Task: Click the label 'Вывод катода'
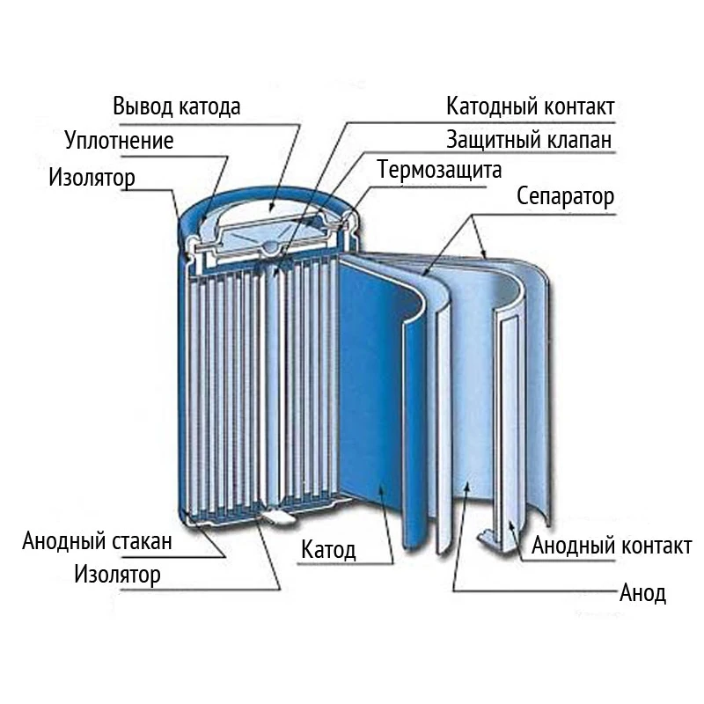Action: pos(176,107)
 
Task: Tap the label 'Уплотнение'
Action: pos(119,141)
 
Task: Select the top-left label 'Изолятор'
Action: pos(92,178)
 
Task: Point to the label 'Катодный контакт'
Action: pos(530,107)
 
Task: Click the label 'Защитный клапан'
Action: pos(529,140)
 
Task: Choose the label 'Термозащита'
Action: pos(439,169)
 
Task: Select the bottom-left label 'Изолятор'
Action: pos(118,576)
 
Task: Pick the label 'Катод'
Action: pos(328,552)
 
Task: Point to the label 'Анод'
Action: pos(642,592)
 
